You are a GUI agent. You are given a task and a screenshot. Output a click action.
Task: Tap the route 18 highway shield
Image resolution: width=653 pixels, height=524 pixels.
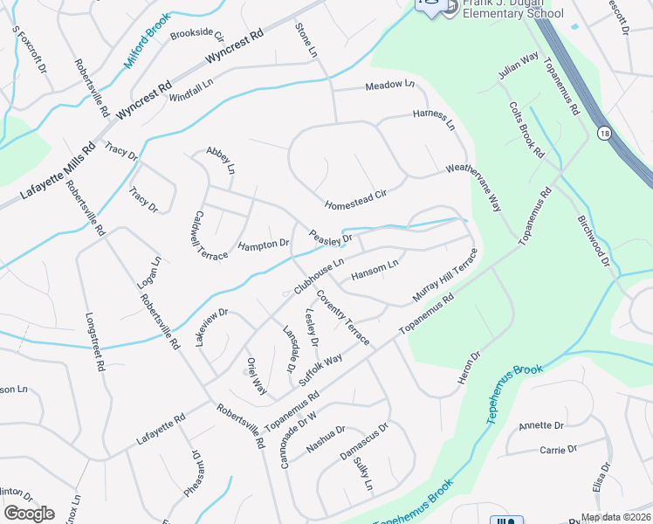(x=603, y=133)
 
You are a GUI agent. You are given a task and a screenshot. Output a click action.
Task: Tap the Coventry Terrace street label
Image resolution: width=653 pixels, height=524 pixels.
(x=342, y=316)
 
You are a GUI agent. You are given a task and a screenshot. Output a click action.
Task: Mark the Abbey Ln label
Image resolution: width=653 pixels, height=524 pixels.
(x=221, y=160)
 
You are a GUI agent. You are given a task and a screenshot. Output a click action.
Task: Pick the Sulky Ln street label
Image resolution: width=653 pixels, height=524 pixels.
(x=364, y=477)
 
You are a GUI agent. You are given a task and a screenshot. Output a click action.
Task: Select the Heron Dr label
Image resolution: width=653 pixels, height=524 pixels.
(x=469, y=369)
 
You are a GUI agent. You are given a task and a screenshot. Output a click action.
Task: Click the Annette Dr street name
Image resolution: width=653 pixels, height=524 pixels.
(x=542, y=425)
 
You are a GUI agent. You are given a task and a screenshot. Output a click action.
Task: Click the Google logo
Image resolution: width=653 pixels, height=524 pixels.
(x=30, y=513)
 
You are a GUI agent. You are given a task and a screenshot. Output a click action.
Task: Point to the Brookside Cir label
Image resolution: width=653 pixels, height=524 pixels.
(x=197, y=36)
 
